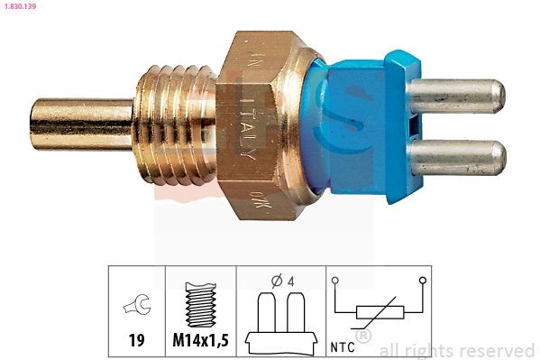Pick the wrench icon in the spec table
click(136, 306)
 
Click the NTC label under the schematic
click(343, 344)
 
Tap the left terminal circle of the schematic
click(334, 281)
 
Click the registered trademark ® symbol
click(363, 337)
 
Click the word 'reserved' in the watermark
click(499, 350)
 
